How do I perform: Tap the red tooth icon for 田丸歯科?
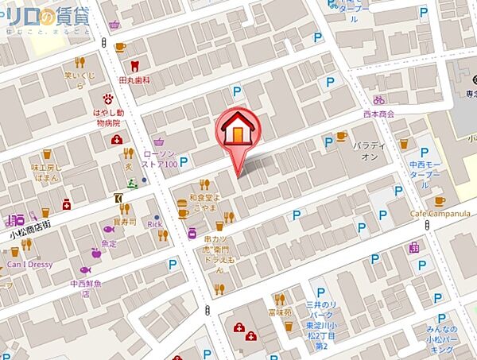point(134,66)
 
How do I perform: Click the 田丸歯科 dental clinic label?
point(134,80)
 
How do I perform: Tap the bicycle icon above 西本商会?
point(379,100)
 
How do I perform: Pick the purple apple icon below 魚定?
point(96,254)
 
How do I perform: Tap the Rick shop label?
point(155,224)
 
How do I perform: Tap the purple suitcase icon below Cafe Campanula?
point(413,248)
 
